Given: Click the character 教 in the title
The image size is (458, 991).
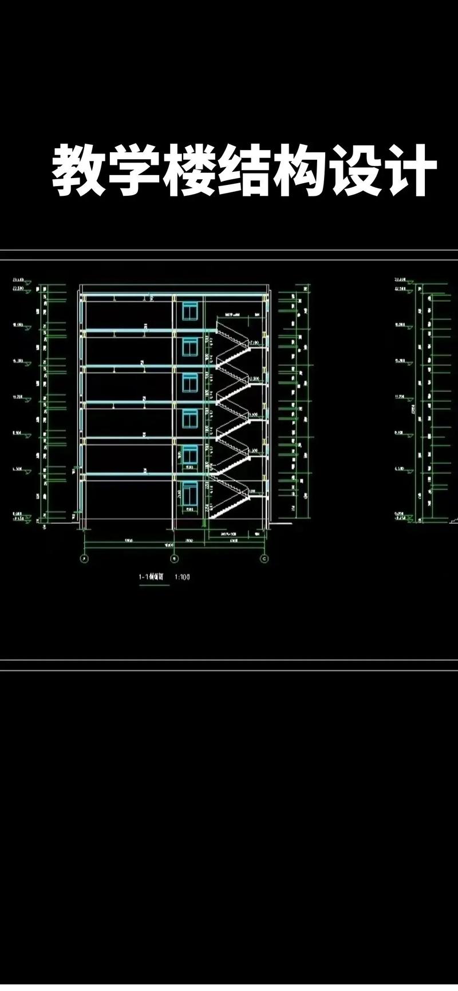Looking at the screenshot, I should pos(78,171).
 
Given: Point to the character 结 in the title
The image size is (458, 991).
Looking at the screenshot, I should pos(244,171).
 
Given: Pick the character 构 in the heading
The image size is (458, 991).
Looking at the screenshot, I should pos(299,171).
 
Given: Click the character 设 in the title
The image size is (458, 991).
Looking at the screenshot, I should pos(354,171).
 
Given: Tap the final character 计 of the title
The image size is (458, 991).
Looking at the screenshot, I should pos(408,171).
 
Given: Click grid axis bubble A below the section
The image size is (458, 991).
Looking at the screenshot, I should pos(85,558).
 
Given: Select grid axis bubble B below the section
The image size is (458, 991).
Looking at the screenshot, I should pos(175,558).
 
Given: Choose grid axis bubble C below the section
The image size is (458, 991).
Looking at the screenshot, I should pos(264,558).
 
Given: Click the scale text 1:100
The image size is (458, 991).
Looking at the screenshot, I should pos(182,577).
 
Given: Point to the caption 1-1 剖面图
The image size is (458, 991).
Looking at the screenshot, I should pos(151,577).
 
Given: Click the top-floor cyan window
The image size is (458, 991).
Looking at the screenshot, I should pos(190,311).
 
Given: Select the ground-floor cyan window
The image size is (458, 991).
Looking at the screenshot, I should pos(190,494).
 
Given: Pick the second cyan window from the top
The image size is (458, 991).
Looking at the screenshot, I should pos(190,347).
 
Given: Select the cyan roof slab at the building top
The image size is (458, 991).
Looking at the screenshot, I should pos(172,294).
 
